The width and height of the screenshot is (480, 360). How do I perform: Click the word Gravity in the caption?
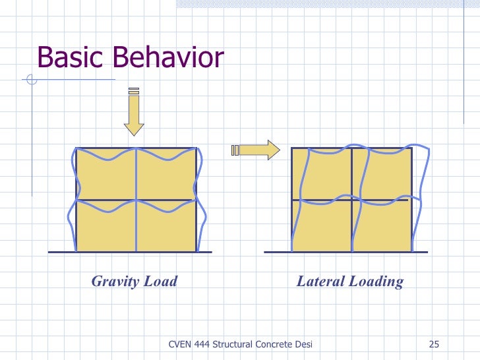click(x=115, y=282)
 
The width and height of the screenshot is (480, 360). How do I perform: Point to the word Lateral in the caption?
click(x=318, y=282)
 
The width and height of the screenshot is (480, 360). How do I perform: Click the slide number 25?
click(x=434, y=344)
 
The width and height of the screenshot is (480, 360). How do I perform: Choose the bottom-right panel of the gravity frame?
click(x=166, y=226)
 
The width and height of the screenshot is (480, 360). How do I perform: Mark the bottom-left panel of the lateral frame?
click(x=321, y=226)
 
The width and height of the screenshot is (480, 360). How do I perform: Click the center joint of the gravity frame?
click(x=136, y=200)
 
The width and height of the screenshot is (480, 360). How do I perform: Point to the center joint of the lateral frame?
click(x=351, y=200)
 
